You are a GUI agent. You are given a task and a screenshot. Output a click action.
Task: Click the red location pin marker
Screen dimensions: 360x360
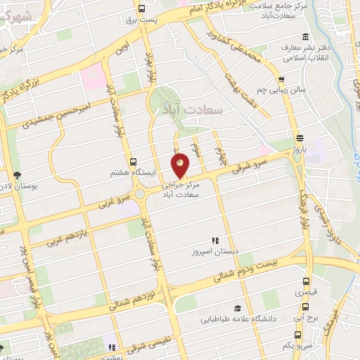point(181,165)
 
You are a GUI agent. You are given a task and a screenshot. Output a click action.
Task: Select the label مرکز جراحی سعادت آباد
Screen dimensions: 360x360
point(181,186)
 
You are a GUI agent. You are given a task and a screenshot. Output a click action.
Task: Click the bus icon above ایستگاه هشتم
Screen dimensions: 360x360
point(134,161)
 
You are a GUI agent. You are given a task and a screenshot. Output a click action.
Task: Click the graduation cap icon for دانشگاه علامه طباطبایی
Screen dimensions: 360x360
point(238,308)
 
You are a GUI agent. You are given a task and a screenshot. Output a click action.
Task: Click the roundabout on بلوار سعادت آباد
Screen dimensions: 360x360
point(140,194)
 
